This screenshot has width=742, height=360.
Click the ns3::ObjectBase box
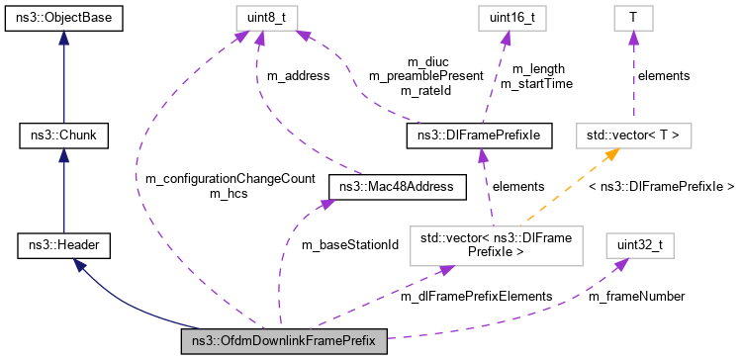pyautogui.click(x=62, y=17)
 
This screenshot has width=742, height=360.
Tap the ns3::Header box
pyautogui.click(x=62, y=243)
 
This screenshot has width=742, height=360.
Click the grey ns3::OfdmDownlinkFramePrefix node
pyautogui.click(x=283, y=343)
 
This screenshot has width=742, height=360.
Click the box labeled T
pyautogui.click(x=628, y=17)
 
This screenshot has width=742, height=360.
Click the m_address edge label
pyautogui.click(x=299, y=75)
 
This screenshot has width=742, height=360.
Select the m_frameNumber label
pyautogui.click(x=636, y=295)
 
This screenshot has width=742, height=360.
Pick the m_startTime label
pyautogui.click(x=536, y=84)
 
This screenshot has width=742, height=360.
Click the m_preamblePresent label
pyautogui.click(x=425, y=75)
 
